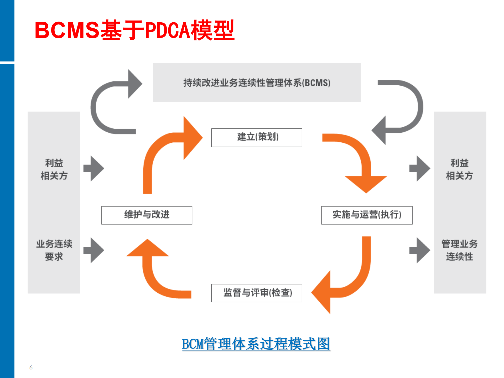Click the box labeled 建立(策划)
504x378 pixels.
pos(257,138)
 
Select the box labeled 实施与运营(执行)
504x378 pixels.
pos(367,215)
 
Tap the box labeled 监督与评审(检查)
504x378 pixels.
pos(257,293)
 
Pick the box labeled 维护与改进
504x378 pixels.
pos(147,215)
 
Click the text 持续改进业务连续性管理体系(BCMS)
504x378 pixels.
pos(257,83)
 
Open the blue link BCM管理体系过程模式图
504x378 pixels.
pos(256,344)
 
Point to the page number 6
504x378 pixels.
pos(31,367)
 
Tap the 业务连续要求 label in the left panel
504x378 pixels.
pos(54,250)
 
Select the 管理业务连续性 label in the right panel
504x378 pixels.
pos(459,250)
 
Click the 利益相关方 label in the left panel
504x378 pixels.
pos(54,169)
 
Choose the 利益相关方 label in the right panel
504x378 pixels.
pos(459,169)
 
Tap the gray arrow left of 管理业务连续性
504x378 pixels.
pos(420,250)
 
